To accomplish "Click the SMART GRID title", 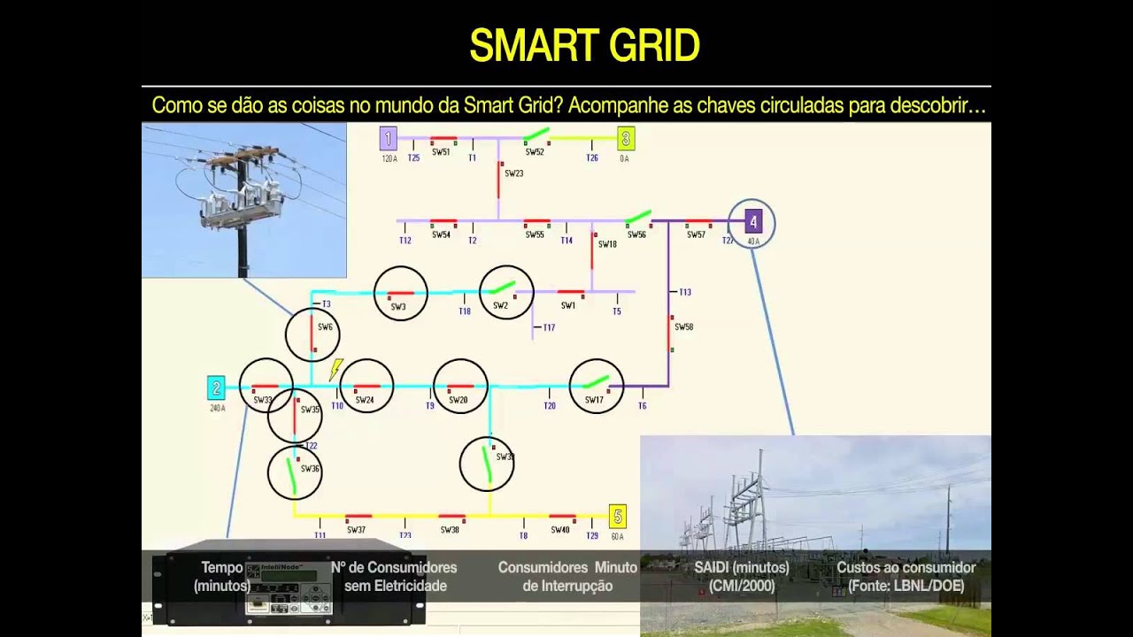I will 584,46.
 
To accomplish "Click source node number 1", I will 388,138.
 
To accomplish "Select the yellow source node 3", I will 626,138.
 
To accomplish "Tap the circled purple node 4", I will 752,222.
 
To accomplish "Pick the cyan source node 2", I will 216,388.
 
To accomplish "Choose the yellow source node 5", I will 618,516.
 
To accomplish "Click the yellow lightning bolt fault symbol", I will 336,369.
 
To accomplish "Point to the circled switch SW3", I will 400,294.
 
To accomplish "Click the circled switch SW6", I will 312,334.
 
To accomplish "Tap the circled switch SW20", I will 460,387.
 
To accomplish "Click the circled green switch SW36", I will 294,473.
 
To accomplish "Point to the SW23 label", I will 514,173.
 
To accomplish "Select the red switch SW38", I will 451,517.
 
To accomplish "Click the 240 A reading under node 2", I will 217,408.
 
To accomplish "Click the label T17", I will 549,327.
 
